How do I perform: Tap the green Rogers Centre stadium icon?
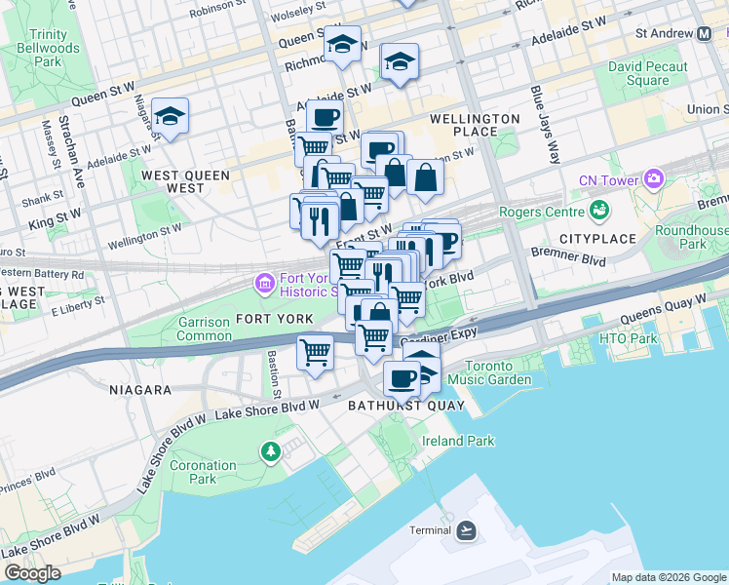point(601,211)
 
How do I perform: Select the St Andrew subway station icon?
point(705,33)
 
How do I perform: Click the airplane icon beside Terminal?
point(466,530)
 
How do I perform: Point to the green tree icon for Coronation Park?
point(270,450)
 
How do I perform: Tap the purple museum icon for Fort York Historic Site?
point(263,284)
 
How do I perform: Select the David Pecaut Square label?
point(646,73)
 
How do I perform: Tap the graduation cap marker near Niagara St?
point(170,117)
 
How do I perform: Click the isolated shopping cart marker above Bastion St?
point(315,352)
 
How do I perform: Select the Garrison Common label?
point(205,329)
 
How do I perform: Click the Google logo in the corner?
point(31,573)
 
